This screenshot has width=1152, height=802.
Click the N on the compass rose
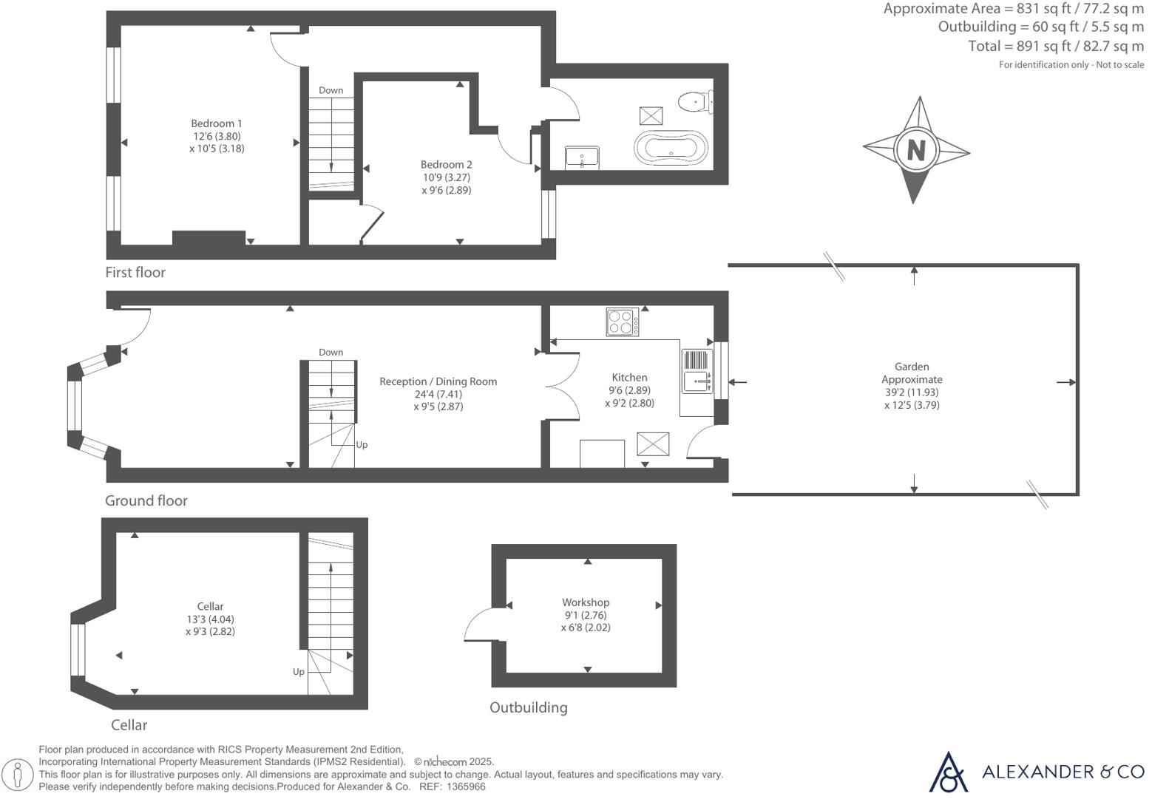(x=916, y=150)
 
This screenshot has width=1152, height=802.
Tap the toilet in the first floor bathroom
(x=694, y=101)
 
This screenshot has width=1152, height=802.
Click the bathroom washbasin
(x=582, y=157)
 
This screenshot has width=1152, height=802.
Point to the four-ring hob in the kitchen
(x=623, y=322)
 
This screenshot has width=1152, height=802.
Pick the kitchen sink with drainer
(x=697, y=371)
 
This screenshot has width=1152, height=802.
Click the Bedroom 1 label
(x=217, y=123)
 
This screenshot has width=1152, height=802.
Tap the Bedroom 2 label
(x=447, y=165)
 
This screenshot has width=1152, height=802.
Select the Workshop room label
(x=586, y=602)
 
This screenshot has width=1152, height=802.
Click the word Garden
(x=912, y=367)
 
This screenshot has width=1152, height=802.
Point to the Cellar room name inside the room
(x=210, y=607)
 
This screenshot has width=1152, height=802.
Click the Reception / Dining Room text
(x=438, y=381)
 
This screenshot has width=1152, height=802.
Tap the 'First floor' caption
(x=135, y=273)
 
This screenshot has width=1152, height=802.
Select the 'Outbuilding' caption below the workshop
(x=529, y=708)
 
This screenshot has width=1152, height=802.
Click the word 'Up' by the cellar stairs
(x=299, y=672)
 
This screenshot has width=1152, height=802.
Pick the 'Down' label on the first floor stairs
(x=331, y=90)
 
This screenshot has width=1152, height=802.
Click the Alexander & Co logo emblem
(x=948, y=772)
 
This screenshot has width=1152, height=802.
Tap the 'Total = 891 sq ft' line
(x=1056, y=46)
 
